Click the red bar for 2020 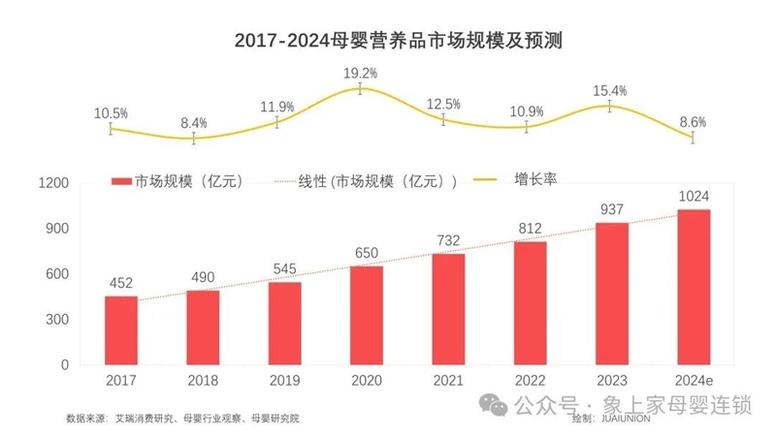366,315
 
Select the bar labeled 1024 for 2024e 694,287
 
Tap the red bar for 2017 121,330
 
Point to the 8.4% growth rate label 194,123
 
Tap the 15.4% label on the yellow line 610,90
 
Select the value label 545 284,266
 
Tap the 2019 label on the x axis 284,380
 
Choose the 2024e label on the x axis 694,380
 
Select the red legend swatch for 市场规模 120,181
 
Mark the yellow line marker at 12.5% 443,118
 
